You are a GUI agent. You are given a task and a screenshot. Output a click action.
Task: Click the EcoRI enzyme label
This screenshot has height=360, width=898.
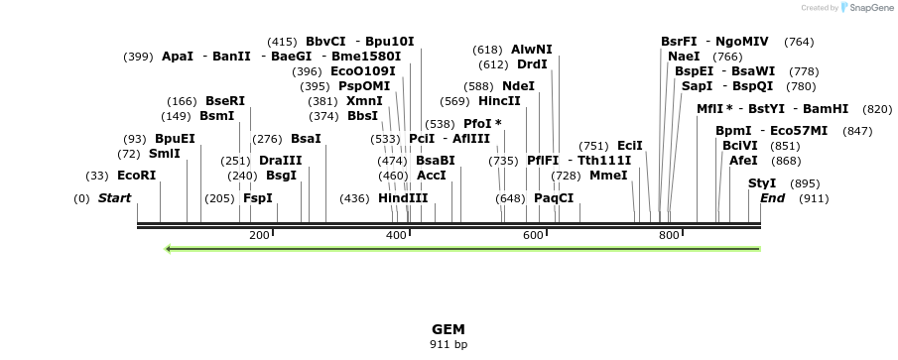pyautogui.click(x=136, y=176)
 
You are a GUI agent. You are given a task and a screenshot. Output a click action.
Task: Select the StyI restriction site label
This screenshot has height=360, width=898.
pyautogui.click(x=762, y=183)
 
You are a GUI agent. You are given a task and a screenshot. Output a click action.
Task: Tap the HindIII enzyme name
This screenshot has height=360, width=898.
pyautogui.click(x=403, y=198)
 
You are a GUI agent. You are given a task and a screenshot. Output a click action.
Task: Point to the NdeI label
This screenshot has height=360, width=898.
pyautogui.click(x=518, y=86)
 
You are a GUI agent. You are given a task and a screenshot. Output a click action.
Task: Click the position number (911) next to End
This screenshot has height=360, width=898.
pyautogui.click(x=814, y=198)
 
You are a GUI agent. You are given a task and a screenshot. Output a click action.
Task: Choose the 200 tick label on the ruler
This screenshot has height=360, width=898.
pyautogui.click(x=259, y=235)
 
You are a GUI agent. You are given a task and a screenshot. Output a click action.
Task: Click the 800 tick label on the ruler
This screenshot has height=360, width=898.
pyautogui.click(x=669, y=235)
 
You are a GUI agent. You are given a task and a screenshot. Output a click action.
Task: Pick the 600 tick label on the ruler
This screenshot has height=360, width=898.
pyautogui.click(x=533, y=235)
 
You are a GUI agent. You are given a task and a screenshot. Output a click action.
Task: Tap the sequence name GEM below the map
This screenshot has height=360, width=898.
pyautogui.click(x=449, y=329)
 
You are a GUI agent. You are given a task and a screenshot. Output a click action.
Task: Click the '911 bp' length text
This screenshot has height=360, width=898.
pyautogui.click(x=449, y=344)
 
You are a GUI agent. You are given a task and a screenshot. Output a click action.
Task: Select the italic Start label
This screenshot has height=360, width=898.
pyautogui.click(x=114, y=198)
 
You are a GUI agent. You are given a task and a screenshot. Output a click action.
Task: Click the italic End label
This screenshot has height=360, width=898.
pyautogui.click(x=772, y=198)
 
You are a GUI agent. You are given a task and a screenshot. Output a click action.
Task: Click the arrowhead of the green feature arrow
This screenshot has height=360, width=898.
pyautogui.click(x=170, y=249)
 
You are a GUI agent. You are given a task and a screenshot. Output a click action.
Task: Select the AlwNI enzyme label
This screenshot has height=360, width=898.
pyautogui.click(x=532, y=50)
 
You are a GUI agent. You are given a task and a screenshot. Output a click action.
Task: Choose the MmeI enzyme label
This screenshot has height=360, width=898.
pyautogui.click(x=608, y=176)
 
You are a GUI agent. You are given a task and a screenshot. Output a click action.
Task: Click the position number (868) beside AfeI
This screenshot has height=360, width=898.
pyautogui.click(x=786, y=161)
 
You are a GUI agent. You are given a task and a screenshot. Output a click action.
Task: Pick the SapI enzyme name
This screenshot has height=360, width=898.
pyautogui.click(x=697, y=86)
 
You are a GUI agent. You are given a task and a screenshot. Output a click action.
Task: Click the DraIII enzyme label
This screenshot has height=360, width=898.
pyautogui.click(x=280, y=161)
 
